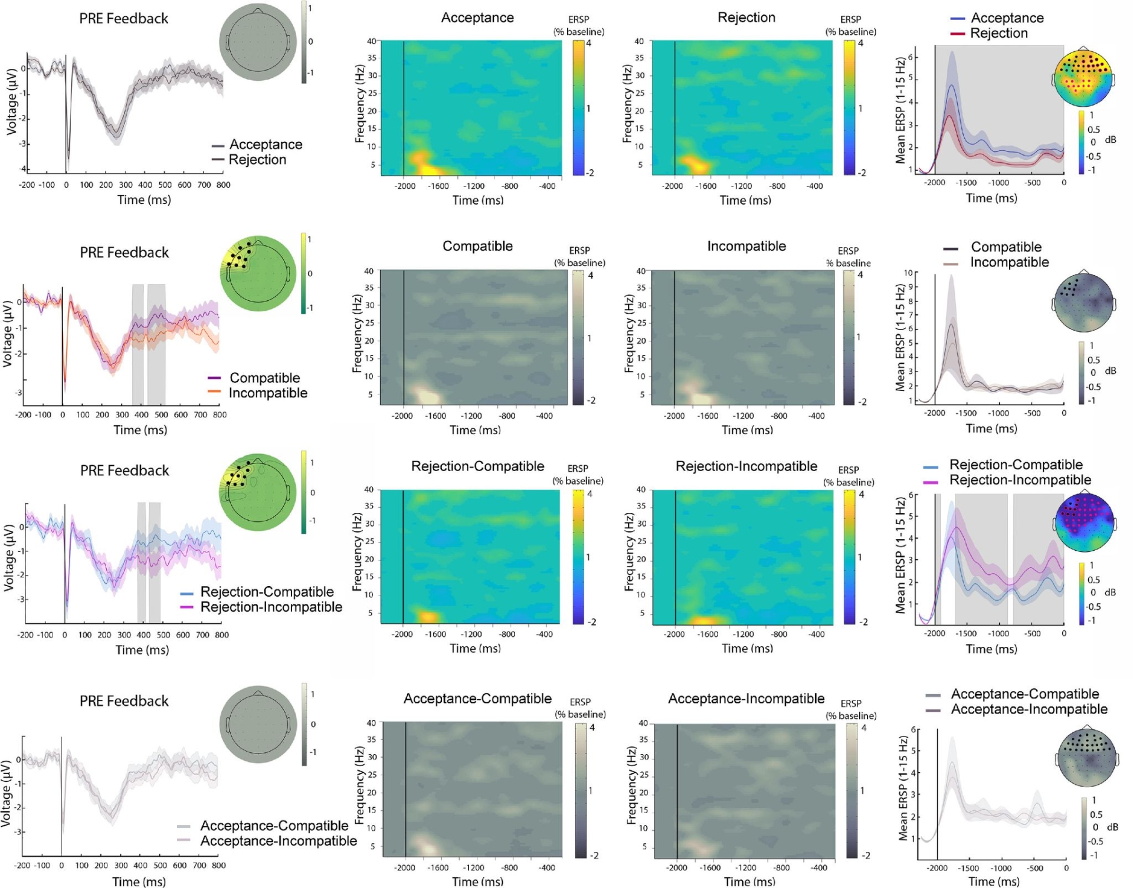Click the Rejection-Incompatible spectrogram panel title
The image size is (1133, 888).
(x=746, y=466)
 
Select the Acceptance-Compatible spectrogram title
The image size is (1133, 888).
(x=477, y=699)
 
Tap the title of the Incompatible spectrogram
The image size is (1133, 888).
(x=746, y=246)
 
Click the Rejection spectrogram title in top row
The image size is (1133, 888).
(x=746, y=18)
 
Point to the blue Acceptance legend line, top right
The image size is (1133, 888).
(x=957, y=19)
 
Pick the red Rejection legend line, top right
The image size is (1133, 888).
(x=957, y=34)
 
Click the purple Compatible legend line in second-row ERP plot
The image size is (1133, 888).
(x=214, y=377)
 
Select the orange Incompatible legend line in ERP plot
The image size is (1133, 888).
(x=214, y=392)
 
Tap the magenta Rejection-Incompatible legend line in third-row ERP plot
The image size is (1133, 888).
(x=187, y=607)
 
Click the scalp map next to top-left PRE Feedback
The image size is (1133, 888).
(x=258, y=42)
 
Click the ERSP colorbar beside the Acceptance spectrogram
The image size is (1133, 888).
(x=578, y=107)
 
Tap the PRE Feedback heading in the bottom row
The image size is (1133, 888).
(x=124, y=701)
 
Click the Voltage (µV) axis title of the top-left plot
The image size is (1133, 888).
(x=11, y=101)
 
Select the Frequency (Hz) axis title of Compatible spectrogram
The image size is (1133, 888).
(x=357, y=334)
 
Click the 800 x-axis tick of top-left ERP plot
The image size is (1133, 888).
(x=223, y=185)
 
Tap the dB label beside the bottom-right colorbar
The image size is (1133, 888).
(x=1112, y=827)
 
